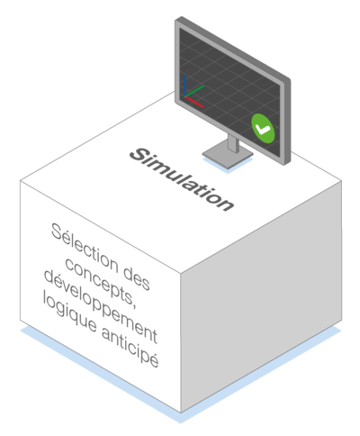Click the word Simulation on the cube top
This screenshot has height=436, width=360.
pyautogui.click(x=182, y=179)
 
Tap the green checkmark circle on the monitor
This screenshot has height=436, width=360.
pyautogui.click(x=263, y=128)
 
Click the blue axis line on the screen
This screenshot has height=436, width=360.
pyautogui.click(x=185, y=86)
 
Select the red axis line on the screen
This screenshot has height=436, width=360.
pyautogui.click(x=194, y=102)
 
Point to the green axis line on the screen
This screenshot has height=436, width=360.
pyautogui.click(x=194, y=91)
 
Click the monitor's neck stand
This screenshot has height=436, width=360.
pyautogui.click(x=233, y=143)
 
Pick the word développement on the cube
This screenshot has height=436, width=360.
pyautogui.click(x=101, y=306)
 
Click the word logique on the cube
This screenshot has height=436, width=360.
pyautogui.click(x=69, y=312)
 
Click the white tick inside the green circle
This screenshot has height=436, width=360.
pyautogui.click(x=263, y=130)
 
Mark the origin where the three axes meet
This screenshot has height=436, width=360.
pyautogui.click(x=185, y=96)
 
